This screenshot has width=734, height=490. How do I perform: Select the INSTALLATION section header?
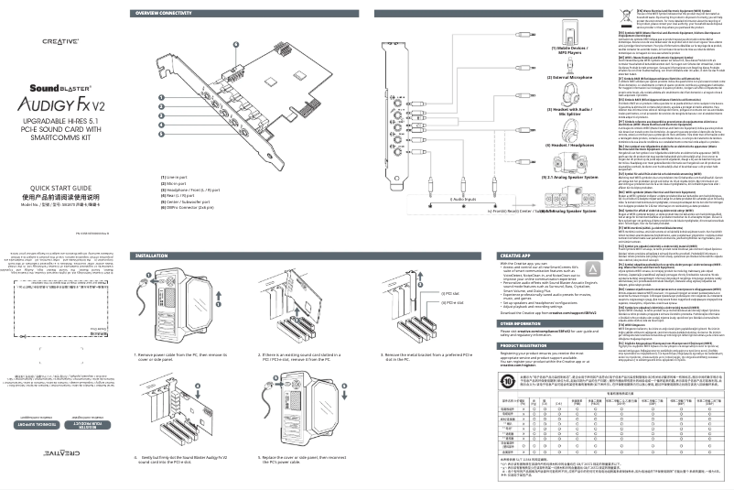(x=155, y=255)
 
